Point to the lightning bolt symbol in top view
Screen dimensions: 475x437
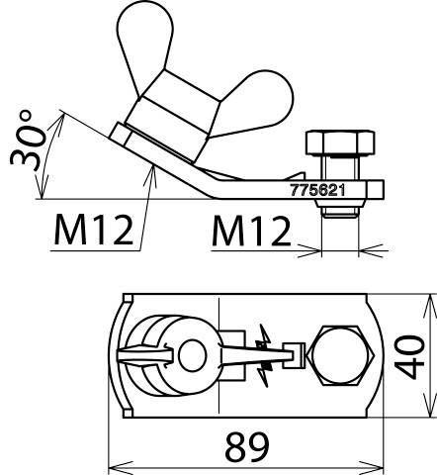pyautogui.click(x=263, y=354)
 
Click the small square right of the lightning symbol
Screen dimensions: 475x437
pyautogui.click(x=292, y=352)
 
